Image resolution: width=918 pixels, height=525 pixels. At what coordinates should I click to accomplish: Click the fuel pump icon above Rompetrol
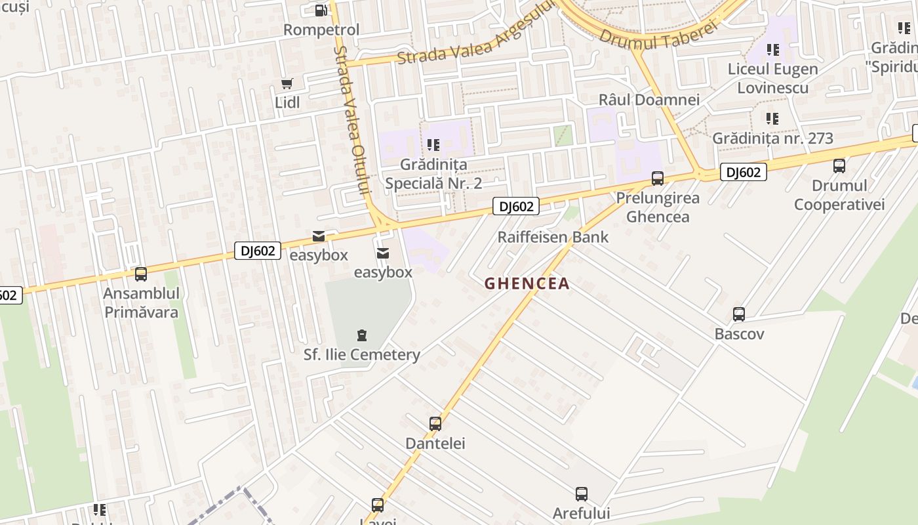point(321,10)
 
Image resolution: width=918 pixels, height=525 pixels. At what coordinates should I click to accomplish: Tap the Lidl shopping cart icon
point(287,83)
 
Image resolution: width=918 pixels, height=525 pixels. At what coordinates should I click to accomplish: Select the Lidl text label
point(287,102)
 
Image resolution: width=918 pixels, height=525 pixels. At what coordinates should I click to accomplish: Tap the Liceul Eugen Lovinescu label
point(772,78)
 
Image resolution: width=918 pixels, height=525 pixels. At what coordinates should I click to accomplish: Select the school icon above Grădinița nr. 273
point(772,119)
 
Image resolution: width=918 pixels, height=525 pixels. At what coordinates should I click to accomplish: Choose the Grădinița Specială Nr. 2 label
point(433,174)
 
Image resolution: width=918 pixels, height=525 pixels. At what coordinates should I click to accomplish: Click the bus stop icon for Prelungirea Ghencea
point(658,178)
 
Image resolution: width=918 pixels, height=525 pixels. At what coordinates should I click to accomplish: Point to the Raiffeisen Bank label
point(553,237)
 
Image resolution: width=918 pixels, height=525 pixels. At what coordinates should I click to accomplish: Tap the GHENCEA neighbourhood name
point(527,283)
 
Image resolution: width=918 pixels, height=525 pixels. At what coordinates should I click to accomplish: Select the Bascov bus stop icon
point(739,314)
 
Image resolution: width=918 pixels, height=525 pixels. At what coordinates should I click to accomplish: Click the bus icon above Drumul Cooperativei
point(839,166)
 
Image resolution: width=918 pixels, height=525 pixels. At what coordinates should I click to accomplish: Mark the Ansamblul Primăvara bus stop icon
point(140,274)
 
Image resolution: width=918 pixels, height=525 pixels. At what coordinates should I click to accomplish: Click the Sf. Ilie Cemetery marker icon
point(361,335)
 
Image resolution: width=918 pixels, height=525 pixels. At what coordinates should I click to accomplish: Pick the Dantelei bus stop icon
point(435,424)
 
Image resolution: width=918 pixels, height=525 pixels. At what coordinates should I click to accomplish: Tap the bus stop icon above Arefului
point(582,494)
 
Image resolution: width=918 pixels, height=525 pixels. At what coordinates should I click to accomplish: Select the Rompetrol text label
point(321,30)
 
